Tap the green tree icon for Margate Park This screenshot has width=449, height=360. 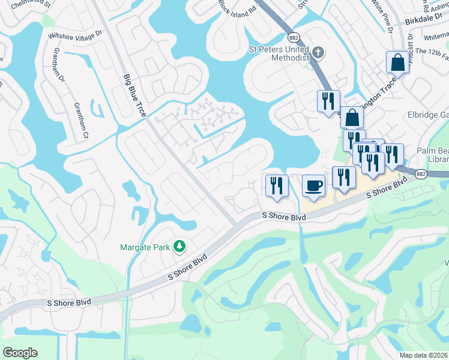pyautogui.click(x=178, y=246)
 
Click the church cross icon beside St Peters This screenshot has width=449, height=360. pyautogui.click(x=318, y=53)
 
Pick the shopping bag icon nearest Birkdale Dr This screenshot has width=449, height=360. pyautogui.click(x=397, y=61)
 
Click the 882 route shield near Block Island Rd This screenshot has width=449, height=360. pyautogui.click(x=294, y=37)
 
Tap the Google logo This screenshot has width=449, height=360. pyautogui.click(x=20, y=353)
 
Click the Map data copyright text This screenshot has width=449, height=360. pyautogui.click(x=423, y=355)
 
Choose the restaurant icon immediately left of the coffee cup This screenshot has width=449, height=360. pyautogui.click(x=277, y=184)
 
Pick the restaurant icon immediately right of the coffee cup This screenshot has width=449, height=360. pyautogui.click(x=343, y=177)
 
